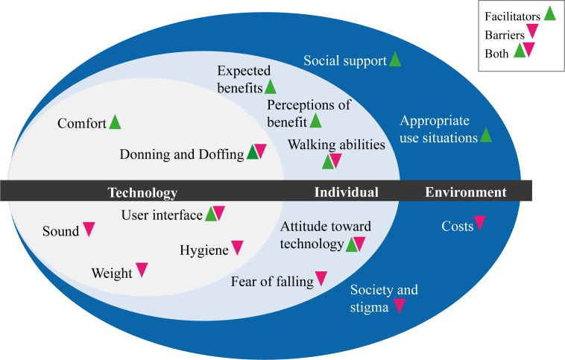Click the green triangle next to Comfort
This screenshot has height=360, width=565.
pos(114,121)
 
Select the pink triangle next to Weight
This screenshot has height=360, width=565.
pos(142,271)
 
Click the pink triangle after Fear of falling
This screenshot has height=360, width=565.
pos(321,279)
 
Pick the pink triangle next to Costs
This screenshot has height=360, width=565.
pos(480,223)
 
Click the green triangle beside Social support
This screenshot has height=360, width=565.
pos(395,60)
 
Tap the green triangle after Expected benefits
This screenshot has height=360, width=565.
pos(270,87)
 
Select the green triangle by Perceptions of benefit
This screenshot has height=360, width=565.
pos(315,120)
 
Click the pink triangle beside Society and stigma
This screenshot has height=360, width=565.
pos(400,305)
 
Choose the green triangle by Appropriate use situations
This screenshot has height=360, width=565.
pos(486,135)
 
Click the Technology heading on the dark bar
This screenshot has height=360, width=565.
pos(142,192)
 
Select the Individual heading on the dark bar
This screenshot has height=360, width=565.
pos(345,192)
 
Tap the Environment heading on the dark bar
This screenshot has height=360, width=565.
pos(466,192)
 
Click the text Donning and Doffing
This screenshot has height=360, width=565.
pos(182,154)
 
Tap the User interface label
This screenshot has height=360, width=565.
pos(161,215)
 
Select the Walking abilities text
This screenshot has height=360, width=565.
pos(337,145)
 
